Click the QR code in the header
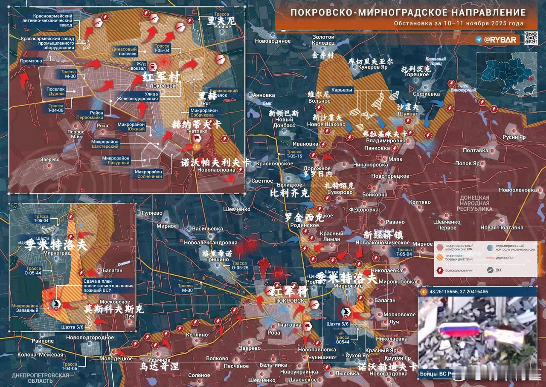pyautogui.click(x=531, y=38)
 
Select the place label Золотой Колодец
pyautogui.click(x=323, y=40)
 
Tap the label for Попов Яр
pyautogui.click(x=467, y=163)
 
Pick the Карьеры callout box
pyautogui.click(x=342, y=90)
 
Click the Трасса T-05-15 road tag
pyautogui.click(x=294, y=154)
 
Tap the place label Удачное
pyautogui.click(x=159, y=360)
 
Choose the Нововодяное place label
pyautogui.click(x=273, y=41)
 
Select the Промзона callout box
pyautogui.click(x=31, y=61)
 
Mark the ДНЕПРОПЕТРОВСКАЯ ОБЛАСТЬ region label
pyautogui.click(x=40, y=378)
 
